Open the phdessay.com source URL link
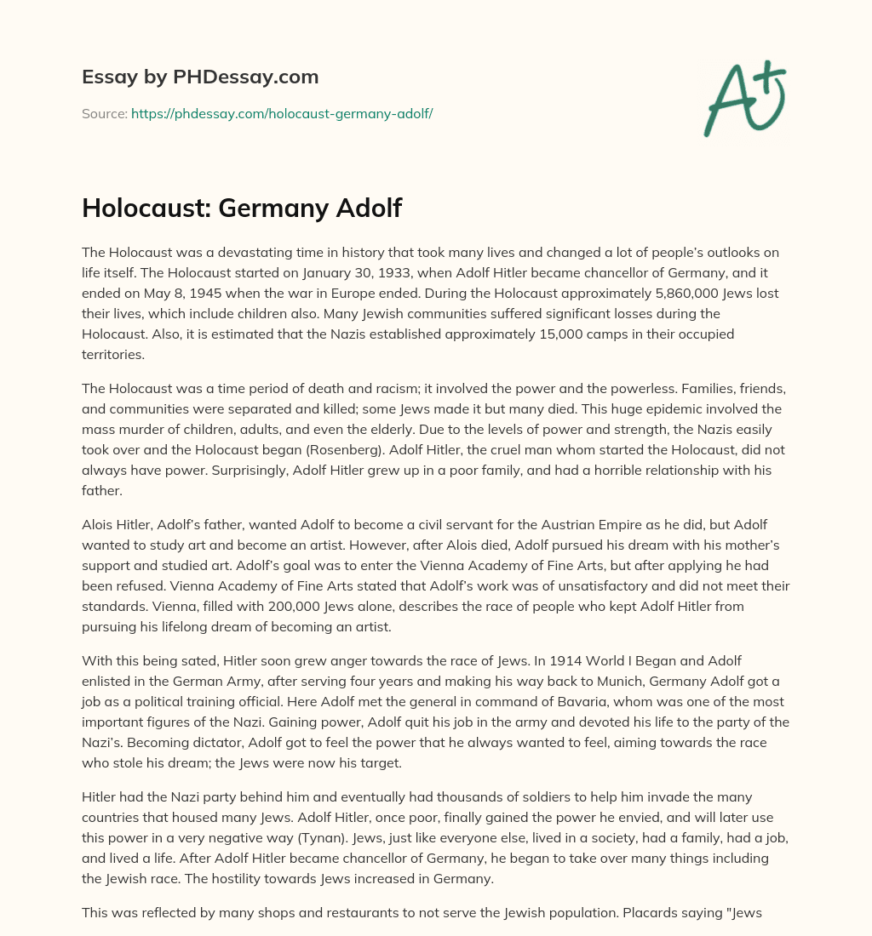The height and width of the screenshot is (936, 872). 282,113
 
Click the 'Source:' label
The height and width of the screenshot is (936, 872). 104,113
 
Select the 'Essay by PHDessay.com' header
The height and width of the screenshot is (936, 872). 200,77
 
